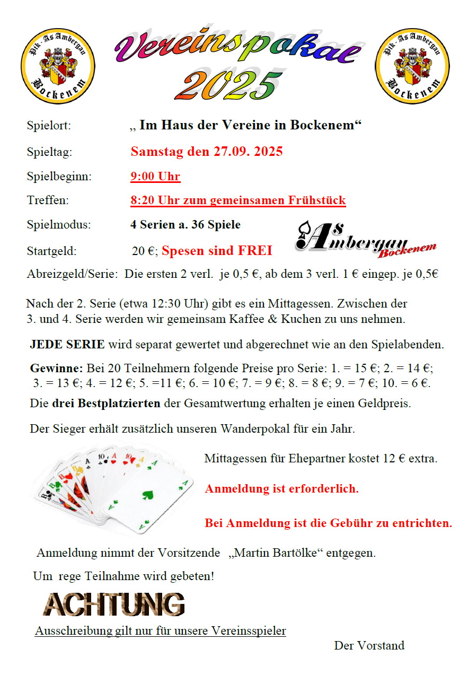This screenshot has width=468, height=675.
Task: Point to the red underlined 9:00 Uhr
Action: coord(155,177)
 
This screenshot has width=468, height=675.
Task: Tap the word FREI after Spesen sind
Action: coord(254,250)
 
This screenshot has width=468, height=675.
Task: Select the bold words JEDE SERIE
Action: coord(67,345)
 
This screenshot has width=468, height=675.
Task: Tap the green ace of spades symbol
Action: coord(147,496)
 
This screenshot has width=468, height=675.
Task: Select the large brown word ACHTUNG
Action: coord(114,604)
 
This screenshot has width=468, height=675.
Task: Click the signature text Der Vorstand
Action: coord(369,645)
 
